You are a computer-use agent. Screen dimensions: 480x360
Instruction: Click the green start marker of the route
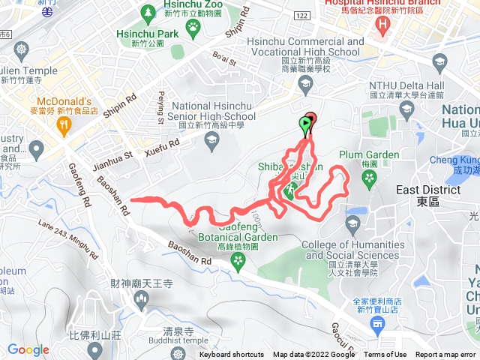(305, 122)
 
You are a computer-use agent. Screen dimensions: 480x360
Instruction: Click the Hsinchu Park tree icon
(148, 13)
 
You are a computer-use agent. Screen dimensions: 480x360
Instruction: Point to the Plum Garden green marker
(368, 177)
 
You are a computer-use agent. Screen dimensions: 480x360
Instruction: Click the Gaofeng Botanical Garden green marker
(238, 260)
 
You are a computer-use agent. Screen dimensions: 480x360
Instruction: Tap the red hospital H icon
(385, 25)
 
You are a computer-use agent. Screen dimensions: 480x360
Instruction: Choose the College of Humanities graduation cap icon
(353, 223)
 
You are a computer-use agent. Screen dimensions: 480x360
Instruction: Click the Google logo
(28, 349)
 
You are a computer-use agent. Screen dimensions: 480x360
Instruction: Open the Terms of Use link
(385, 355)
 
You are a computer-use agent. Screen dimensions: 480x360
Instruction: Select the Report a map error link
(445, 355)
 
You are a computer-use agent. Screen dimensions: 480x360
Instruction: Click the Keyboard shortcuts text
(232, 355)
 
